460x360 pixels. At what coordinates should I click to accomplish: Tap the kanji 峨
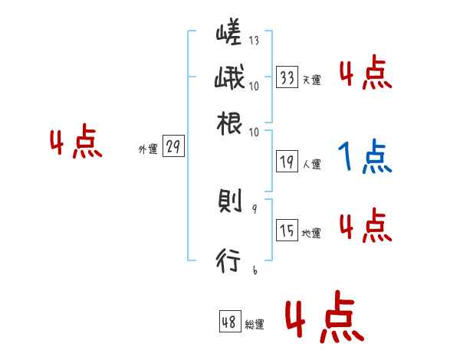click(229, 80)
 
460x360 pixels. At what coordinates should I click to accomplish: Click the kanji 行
click(229, 262)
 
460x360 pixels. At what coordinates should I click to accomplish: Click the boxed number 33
click(287, 77)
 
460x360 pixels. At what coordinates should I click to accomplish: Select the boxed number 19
click(287, 162)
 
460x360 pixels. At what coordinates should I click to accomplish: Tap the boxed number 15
click(287, 231)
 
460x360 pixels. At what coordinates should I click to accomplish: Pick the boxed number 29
click(173, 148)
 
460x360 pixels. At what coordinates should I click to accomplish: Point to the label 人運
click(311, 164)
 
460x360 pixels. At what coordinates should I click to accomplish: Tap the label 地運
click(311, 234)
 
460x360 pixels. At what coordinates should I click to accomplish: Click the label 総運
click(255, 325)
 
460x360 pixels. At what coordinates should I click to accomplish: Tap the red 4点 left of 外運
click(75, 144)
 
